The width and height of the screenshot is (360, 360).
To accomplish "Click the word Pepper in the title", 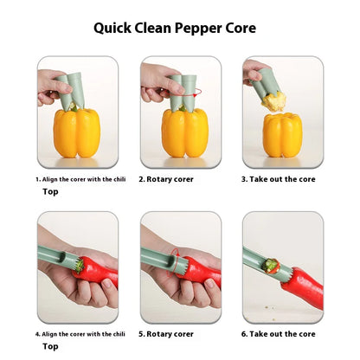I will coord(201,28).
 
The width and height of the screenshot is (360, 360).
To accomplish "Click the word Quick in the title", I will coord(117,28).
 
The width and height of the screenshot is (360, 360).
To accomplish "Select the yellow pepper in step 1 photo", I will coord(76,132).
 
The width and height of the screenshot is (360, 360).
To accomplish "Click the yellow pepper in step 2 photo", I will coord(184,132).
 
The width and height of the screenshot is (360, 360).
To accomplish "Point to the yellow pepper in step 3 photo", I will coord(282,134).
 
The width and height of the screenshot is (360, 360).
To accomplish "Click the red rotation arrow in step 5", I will coord(177,256).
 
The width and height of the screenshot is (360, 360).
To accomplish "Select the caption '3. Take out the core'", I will coord(278,180).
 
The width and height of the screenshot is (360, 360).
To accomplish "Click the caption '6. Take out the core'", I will coord(278,333).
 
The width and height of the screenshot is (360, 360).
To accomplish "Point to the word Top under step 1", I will coord(51,192).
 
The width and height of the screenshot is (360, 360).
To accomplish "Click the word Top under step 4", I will coord(51,346).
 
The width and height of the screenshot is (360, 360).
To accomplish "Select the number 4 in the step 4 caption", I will coord(37,333).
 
